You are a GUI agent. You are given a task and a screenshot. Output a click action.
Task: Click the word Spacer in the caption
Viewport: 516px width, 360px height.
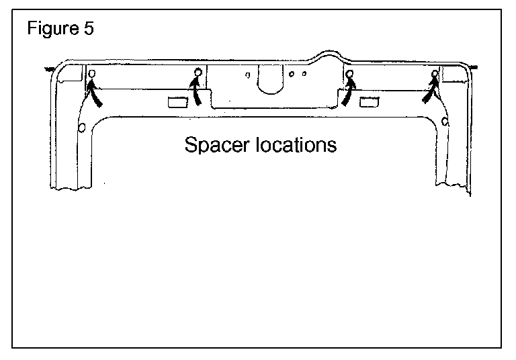click(214, 144)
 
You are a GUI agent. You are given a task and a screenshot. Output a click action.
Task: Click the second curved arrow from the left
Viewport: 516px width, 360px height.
click(196, 91)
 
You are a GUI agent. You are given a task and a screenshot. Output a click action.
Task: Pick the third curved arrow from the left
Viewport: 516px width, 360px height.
click(347, 93)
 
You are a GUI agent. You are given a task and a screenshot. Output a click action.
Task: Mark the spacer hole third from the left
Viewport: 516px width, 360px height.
click(349, 73)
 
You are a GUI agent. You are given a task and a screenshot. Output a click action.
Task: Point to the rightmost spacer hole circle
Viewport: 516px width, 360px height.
click(435, 73)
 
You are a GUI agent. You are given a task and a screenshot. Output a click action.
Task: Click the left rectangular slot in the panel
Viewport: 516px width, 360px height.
click(177, 101)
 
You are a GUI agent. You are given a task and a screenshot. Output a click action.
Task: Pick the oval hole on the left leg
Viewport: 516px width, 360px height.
click(81, 127)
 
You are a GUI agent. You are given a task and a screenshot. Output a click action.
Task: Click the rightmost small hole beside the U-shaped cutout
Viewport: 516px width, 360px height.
click(304, 74)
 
